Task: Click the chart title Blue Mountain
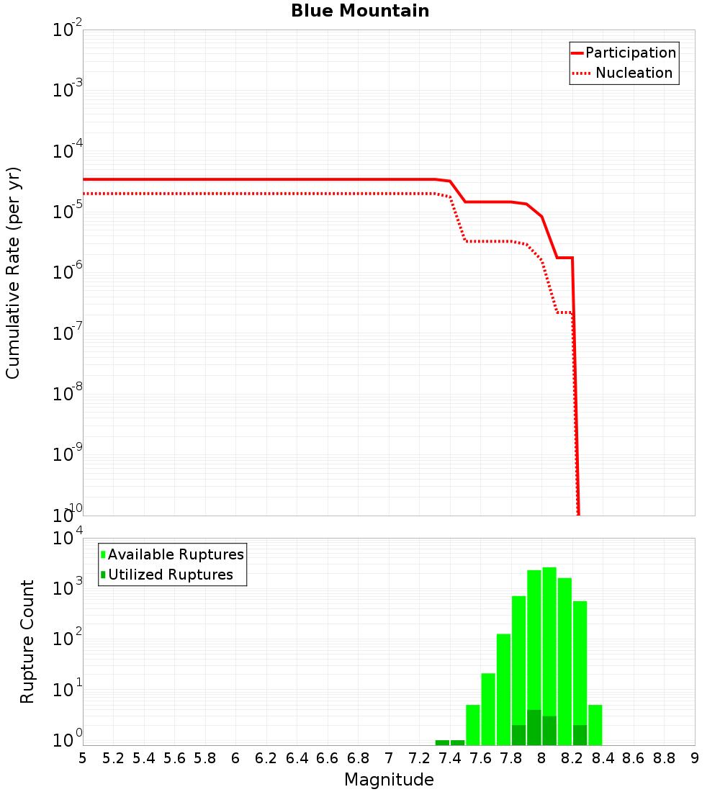[x=360, y=12]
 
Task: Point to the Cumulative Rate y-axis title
[x=14, y=272]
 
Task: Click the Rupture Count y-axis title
[x=27, y=641]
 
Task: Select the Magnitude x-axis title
[x=389, y=780]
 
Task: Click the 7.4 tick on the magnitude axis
[x=450, y=758]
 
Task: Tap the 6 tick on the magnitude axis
[x=235, y=758]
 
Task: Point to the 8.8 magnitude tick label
[x=665, y=758]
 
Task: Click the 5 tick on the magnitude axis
[x=83, y=758]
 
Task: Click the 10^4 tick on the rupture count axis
[x=67, y=539]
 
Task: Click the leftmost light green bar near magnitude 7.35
[x=442, y=742]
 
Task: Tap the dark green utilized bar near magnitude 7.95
[x=534, y=727]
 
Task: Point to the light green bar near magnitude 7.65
[x=488, y=709]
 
